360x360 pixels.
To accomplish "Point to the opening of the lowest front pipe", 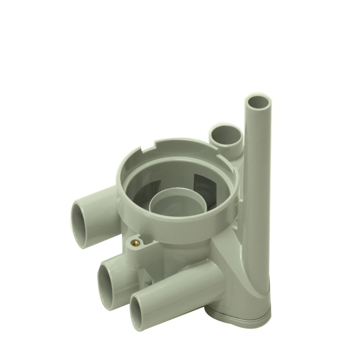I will (139, 309).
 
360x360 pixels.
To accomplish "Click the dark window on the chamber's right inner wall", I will (203, 184).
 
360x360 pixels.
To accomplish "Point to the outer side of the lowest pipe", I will (180, 288).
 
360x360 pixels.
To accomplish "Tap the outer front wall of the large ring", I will (173, 227).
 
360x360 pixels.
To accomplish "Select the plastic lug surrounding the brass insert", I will (142, 250).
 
